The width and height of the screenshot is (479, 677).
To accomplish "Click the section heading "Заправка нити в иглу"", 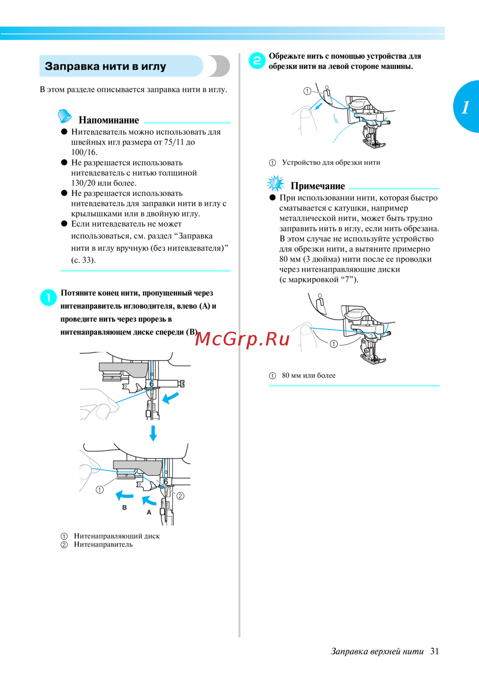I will (x=105, y=66).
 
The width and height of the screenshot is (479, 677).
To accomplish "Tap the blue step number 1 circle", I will (x=48, y=298).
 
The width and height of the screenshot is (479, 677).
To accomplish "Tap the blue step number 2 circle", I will (x=257, y=61).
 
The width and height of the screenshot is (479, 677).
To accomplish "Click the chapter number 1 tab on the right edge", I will (x=466, y=107).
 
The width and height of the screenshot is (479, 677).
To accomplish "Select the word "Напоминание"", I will (x=109, y=120).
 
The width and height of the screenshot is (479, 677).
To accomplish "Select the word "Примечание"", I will (x=318, y=186).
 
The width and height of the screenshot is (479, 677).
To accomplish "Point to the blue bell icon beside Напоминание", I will (x=65, y=116).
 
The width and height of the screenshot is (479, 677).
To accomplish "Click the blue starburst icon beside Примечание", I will (x=275, y=183).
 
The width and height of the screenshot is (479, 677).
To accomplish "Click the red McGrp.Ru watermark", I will (x=242, y=339).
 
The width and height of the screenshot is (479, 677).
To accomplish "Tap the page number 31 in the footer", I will (x=434, y=651).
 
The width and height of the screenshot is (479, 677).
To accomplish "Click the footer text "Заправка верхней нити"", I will (x=377, y=651).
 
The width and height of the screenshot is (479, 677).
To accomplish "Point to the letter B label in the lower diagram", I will (x=125, y=507).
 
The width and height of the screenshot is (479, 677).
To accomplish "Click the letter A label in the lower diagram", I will (x=149, y=512).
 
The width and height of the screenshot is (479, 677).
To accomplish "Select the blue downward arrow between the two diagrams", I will (x=153, y=433).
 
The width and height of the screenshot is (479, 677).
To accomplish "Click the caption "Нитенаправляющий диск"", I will (x=117, y=536).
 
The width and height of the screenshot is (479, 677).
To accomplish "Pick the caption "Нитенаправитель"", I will (x=103, y=544).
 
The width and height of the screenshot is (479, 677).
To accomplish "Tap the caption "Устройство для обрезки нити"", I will (x=331, y=162).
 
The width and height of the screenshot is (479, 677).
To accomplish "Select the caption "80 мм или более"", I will (x=308, y=376).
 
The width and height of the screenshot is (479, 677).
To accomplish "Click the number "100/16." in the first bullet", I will (x=84, y=152).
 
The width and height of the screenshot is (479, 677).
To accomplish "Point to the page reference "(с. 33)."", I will (x=84, y=260).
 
